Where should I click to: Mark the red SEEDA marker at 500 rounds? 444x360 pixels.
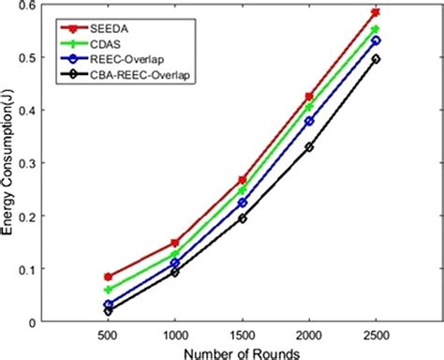pos(108,277)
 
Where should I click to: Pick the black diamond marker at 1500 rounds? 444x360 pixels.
pos(242,218)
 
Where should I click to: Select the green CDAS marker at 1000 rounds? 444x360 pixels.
pos(174,254)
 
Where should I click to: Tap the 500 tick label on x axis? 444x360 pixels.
pos(108,335)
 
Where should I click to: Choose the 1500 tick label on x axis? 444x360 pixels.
pos(242,335)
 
